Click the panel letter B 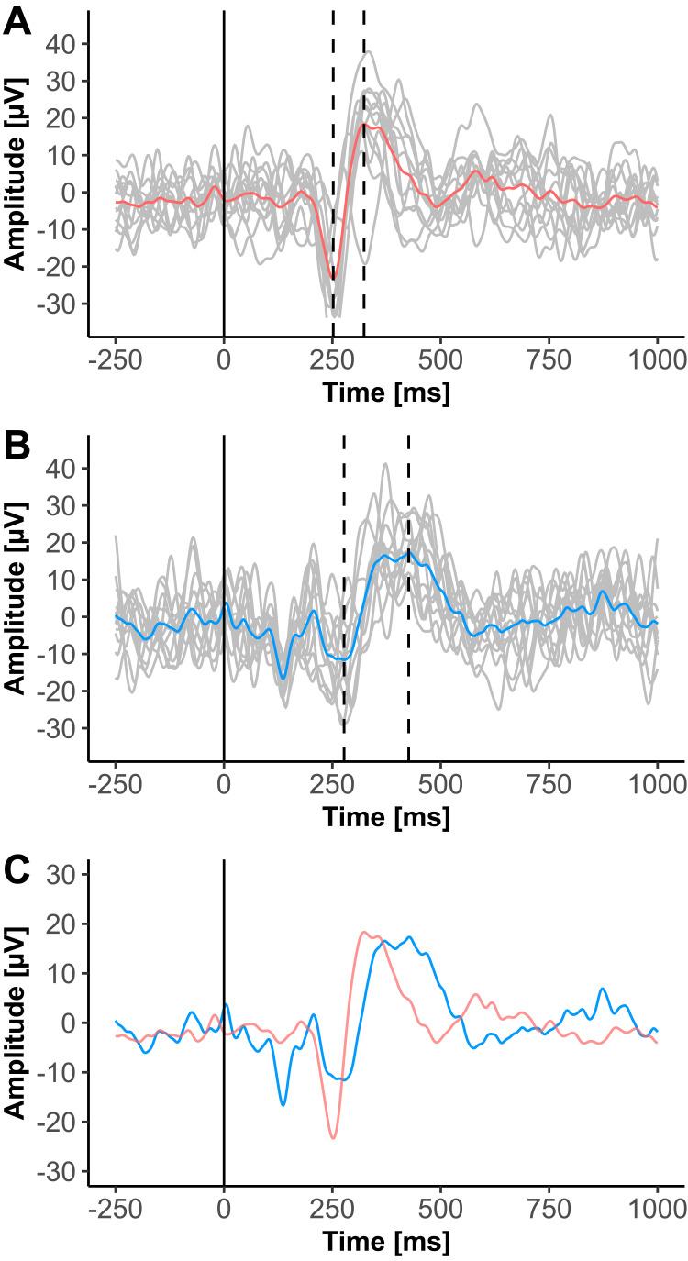[x=18, y=446]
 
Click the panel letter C [x=18, y=871]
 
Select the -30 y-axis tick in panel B [x=62, y=728]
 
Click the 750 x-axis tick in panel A [x=549, y=358]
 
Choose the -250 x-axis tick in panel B [x=115, y=782]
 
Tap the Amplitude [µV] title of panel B [x=17, y=601]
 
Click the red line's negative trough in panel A [x=333, y=279]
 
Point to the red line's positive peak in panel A [x=364, y=124]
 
